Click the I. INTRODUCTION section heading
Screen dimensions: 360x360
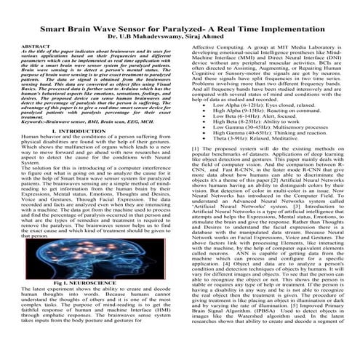click(x=92, y=129)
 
